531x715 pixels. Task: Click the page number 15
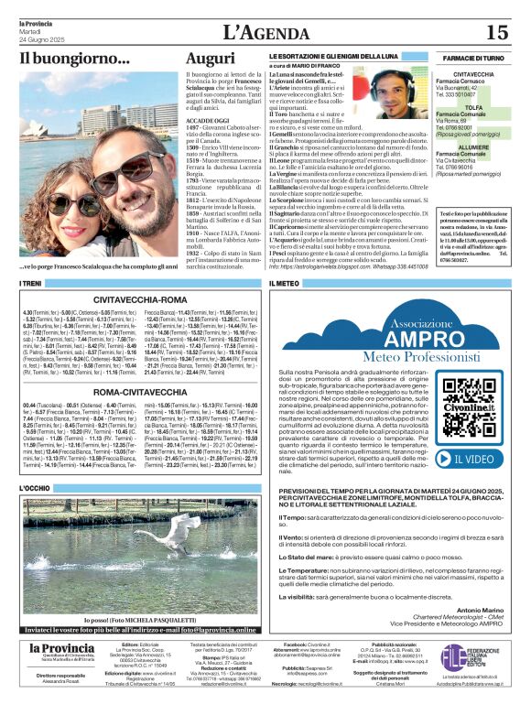point(496,33)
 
